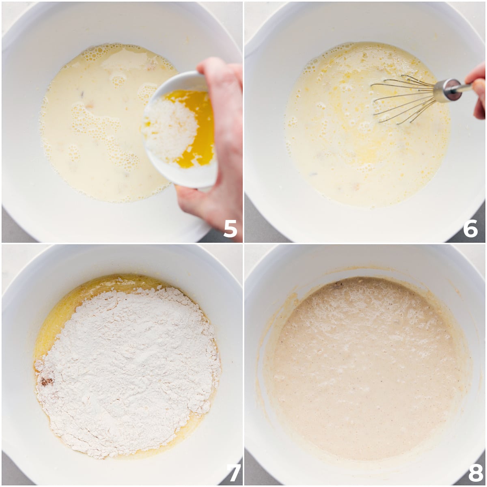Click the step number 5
(230, 229)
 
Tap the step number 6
(470, 229)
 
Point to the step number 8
(475, 473)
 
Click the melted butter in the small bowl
(199, 130)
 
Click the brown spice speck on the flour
(46, 381)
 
